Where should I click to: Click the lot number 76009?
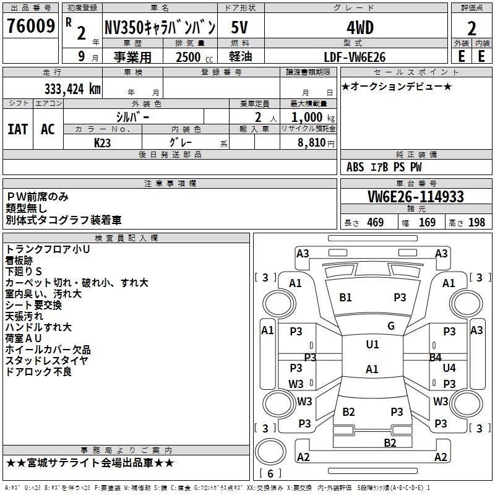(x=30, y=27)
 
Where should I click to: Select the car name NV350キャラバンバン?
(x=159, y=27)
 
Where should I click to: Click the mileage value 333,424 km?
(x=72, y=88)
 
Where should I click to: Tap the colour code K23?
(x=103, y=142)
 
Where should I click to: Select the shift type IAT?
(x=17, y=129)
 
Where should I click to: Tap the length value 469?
(x=375, y=223)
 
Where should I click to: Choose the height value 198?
(x=477, y=223)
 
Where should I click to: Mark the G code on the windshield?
(x=391, y=326)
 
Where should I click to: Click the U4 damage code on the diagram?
(x=449, y=368)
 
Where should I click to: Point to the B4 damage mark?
(x=435, y=357)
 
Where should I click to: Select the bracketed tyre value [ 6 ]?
(x=270, y=474)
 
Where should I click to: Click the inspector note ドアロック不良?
(x=38, y=372)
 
